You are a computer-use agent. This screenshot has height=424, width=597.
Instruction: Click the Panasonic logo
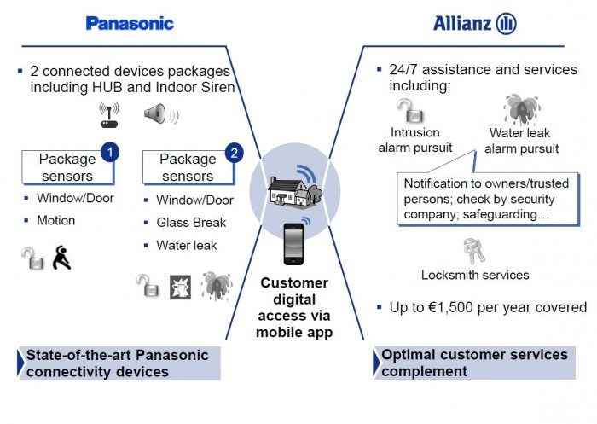point(129,23)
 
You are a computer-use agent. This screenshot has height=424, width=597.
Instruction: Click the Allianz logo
point(474,23)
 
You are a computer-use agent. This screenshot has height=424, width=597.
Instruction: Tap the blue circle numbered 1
point(110,153)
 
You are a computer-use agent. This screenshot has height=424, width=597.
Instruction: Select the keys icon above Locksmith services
point(474,250)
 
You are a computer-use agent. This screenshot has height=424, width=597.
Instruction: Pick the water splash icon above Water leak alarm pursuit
point(520,110)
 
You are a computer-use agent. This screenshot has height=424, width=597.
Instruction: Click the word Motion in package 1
point(55,220)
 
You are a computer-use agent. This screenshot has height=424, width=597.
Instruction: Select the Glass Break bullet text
point(190,223)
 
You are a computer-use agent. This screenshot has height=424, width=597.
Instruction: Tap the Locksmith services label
point(474,275)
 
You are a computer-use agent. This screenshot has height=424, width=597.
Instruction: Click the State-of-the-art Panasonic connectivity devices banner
point(119,363)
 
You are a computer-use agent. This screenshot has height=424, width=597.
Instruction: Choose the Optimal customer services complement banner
point(474,363)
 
